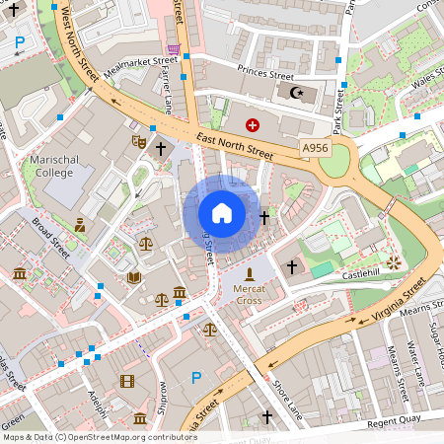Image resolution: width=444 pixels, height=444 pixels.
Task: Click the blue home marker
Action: pyautogui.click(x=221, y=213)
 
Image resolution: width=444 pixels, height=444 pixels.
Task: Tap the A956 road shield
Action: pyautogui.click(x=315, y=148)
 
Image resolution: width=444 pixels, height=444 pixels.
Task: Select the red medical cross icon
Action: pyautogui.click(x=252, y=125)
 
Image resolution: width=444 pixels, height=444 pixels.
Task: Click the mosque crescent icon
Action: pyautogui.click(x=294, y=92)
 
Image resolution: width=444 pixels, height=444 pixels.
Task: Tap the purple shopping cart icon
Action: pyautogui.click(x=174, y=48)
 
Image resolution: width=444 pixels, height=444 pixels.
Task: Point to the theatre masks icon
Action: pyautogui.click(x=138, y=142)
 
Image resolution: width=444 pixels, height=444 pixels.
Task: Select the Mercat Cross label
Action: pyautogui.click(x=250, y=294)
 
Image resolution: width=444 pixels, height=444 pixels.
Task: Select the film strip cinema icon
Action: pyautogui.click(x=126, y=381)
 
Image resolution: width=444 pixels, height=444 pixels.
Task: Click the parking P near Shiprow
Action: pyautogui.click(x=195, y=377)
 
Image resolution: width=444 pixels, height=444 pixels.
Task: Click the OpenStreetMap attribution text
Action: pyautogui.click(x=99, y=436)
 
